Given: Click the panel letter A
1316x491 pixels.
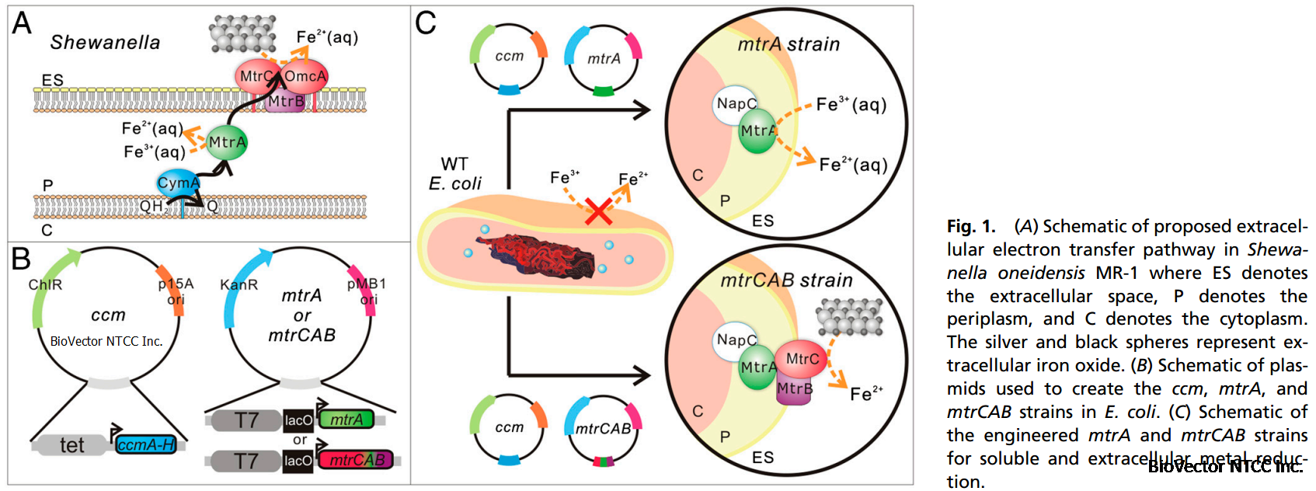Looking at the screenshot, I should click(x=22, y=23).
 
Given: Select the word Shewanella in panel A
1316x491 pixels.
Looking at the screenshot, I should click(x=105, y=43).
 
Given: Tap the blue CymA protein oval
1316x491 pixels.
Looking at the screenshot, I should click(x=178, y=183).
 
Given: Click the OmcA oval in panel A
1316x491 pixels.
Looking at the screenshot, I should click(x=306, y=76).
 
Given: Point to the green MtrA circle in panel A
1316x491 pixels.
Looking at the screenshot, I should click(x=227, y=142).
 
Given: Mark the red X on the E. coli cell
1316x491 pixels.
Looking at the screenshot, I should click(x=597, y=210).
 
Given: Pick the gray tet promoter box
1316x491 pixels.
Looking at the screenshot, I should click(x=72, y=445).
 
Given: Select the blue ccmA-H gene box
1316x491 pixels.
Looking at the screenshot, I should click(x=146, y=444).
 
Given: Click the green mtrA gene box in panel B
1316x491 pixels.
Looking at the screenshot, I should click(x=346, y=420).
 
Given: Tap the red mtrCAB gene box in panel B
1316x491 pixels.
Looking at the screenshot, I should click(x=357, y=460).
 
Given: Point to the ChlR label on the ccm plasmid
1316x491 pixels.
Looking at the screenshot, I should click(x=45, y=285).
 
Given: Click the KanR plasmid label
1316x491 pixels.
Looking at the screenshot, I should click(x=238, y=285).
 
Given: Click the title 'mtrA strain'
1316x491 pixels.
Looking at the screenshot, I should click(x=789, y=44).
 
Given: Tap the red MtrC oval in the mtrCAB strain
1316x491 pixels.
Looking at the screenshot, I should click(x=801, y=358).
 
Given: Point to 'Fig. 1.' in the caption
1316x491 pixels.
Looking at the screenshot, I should click(x=970, y=227).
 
